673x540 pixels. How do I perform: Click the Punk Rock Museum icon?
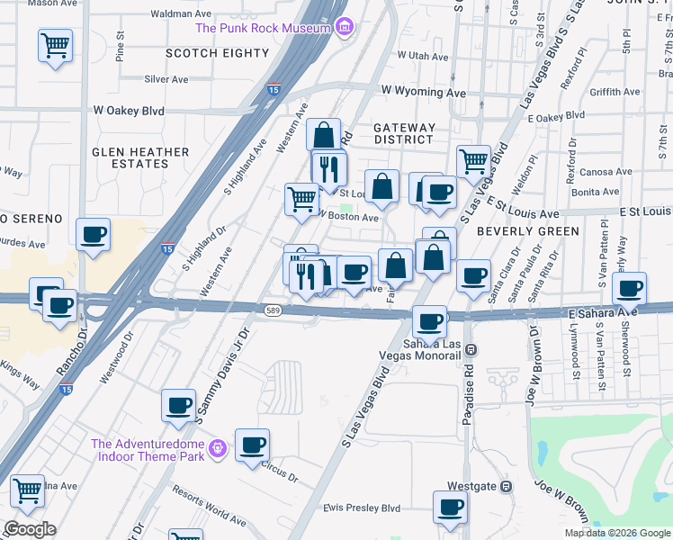[x=343, y=28]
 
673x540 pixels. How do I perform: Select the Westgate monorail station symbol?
[x=506, y=487]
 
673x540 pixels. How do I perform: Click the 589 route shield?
[x=275, y=310]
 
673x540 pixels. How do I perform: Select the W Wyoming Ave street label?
[x=423, y=92]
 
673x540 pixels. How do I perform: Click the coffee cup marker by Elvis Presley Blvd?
[x=450, y=506]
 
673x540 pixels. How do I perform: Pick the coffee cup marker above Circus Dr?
[x=252, y=444]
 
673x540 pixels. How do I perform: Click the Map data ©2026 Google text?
[x=617, y=533]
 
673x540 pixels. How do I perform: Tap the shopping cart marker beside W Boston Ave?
[x=301, y=199]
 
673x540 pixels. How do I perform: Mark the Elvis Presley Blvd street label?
[x=362, y=508]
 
